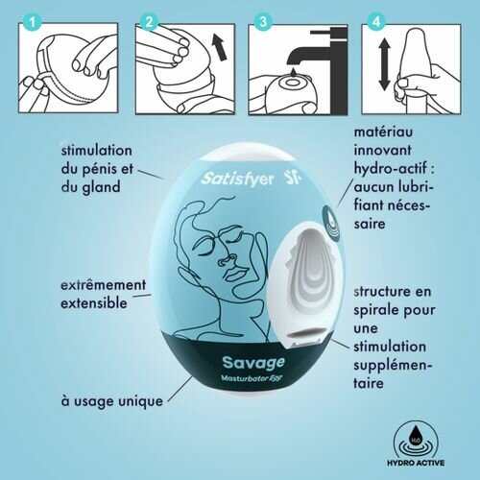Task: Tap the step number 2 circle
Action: (149, 19)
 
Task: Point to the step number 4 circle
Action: (376, 19)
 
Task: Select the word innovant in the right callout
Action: (383, 152)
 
